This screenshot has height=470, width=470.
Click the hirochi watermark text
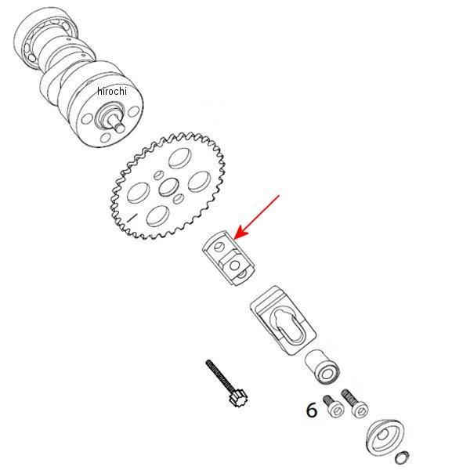[x=112, y=91]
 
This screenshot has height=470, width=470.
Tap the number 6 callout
[x=312, y=410]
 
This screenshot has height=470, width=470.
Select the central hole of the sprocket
[x=168, y=187]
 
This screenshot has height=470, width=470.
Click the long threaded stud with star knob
[x=226, y=383]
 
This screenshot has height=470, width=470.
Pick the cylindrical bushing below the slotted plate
[x=322, y=367]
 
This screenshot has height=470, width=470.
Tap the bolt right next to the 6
[x=333, y=406]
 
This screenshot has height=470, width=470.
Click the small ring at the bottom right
[x=402, y=457]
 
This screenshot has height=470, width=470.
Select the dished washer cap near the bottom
[x=385, y=437]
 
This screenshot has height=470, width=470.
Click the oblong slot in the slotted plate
[x=287, y=327]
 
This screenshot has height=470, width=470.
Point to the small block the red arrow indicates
[x=229, y=258]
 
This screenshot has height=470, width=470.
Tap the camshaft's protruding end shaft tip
[x=120, y=128]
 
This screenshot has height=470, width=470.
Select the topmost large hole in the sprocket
[x=180, y=158]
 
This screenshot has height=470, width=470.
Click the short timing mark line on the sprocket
[x=132, y=217]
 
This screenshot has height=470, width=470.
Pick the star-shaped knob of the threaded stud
[x=238, y=399]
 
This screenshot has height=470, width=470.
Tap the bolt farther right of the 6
[x=355, y=403]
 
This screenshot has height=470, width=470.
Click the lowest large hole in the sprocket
[x=157, y=216]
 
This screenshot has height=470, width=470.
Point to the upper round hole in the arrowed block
[x=219, y=247]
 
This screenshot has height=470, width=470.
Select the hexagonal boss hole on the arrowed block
[x=235, y=266]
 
